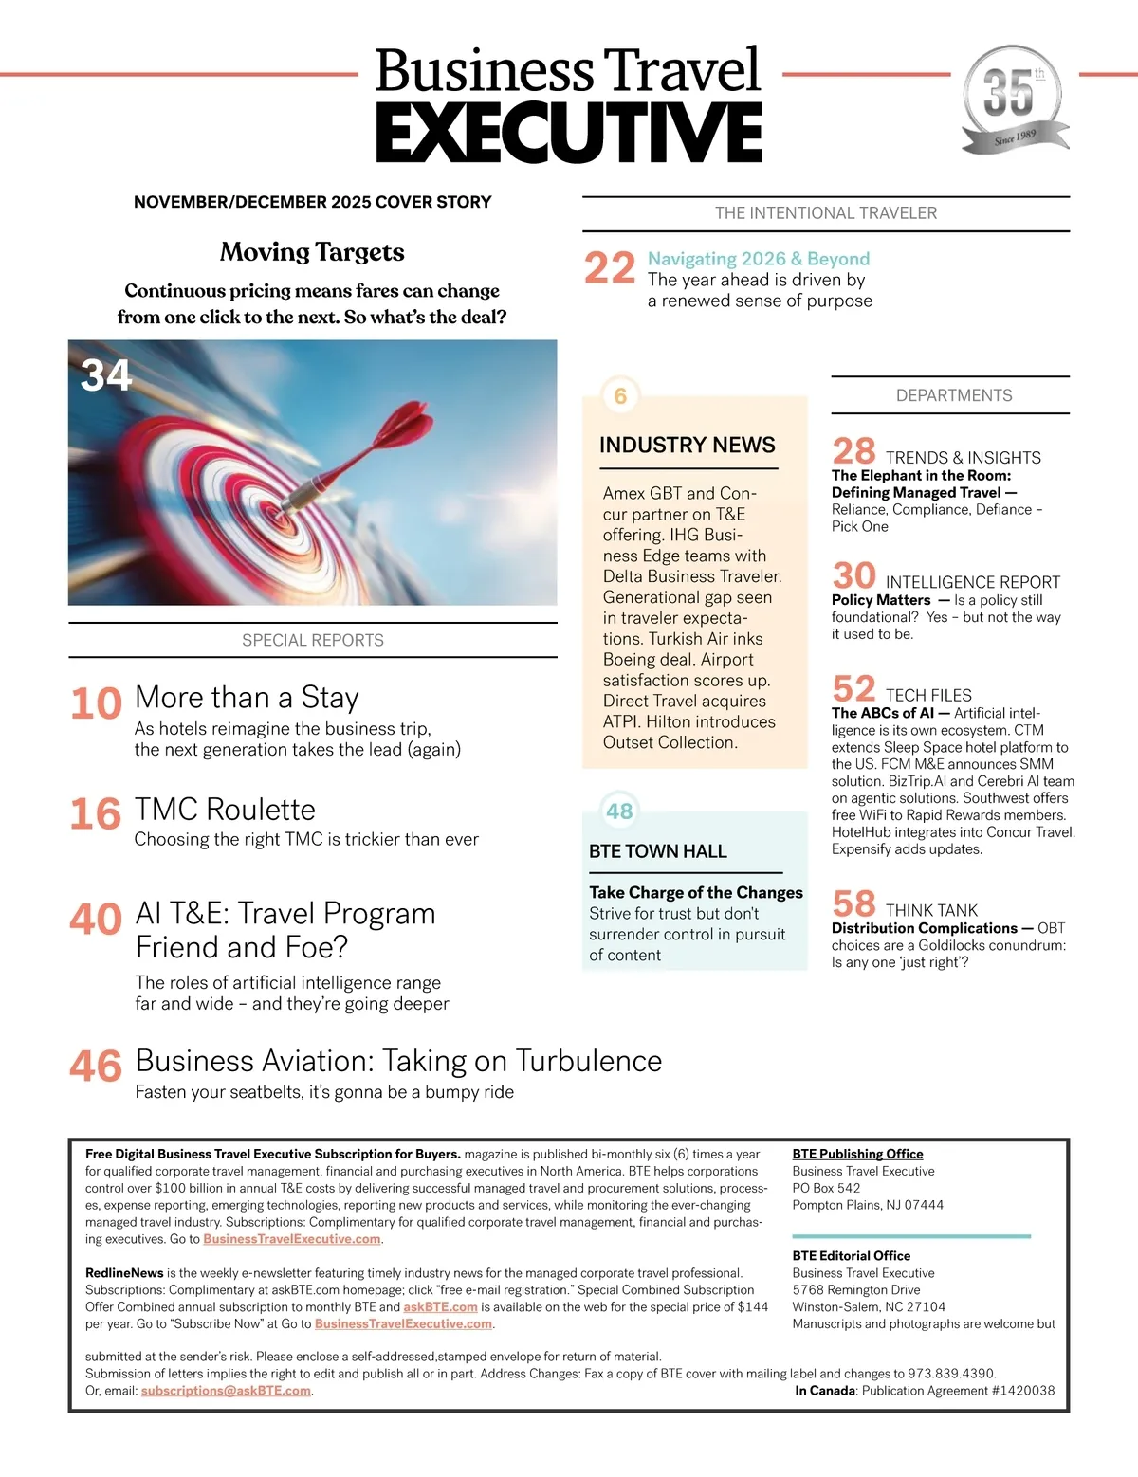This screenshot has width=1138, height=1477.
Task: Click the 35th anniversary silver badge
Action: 1014,99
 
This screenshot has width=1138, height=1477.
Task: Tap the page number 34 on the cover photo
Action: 105,375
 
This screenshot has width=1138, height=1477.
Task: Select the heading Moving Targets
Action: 312,252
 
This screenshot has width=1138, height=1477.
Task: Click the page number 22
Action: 609,268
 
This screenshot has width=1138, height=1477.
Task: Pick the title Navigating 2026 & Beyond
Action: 758,259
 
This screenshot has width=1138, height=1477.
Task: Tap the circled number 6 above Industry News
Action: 620,395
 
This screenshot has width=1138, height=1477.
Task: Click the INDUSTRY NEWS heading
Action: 687,445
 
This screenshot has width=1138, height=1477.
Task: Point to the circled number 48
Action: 619,811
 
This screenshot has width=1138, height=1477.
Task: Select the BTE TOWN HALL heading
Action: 657,851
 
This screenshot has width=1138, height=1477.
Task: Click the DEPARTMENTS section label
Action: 954,395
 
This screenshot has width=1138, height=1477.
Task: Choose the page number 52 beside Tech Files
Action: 853,688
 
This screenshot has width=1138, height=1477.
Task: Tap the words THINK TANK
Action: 931,910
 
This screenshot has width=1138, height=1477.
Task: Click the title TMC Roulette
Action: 225,810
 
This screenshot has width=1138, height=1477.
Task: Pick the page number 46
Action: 96,1067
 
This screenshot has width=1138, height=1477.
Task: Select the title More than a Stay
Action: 247,698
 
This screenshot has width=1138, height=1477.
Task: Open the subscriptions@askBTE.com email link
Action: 226,1391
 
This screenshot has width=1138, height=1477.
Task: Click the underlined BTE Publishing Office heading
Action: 857,1154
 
